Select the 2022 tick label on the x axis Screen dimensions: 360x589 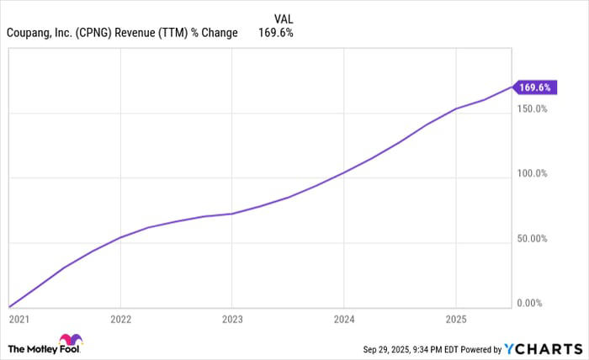tap(120, 320)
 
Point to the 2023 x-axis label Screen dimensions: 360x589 tap(232, 320)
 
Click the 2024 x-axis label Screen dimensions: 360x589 tap(343, 320)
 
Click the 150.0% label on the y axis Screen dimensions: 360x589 tap(533, 109)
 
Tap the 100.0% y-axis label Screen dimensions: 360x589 tap(533, 174)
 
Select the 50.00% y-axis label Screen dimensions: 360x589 tap(533, 239)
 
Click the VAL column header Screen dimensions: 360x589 tap(284, 18)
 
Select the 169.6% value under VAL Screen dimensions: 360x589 tap(278, 34)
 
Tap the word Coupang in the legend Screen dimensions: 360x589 tap(30, 34)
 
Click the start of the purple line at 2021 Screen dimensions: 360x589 tap(9, 307)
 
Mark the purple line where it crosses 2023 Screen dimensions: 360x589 tap(232, 214)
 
